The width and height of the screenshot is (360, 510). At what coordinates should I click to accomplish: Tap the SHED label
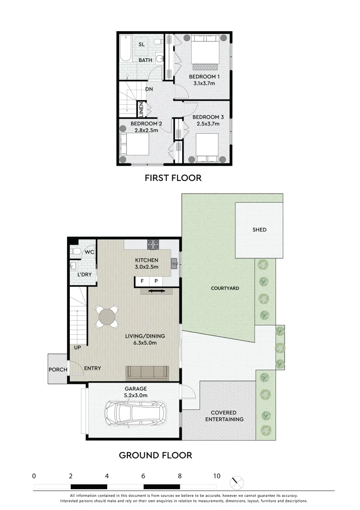click(259, 230)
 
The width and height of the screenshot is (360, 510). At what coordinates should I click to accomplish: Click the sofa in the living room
click(147, 373)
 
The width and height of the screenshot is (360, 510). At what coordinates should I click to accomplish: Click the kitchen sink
click(174, 263)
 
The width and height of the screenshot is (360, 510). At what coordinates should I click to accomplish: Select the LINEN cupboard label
click(141, 110)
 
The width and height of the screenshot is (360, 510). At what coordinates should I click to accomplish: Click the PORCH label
click(58, 369)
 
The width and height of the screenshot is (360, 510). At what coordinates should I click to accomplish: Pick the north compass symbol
click(237, 482)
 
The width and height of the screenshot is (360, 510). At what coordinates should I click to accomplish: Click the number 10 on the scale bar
click(216, 476)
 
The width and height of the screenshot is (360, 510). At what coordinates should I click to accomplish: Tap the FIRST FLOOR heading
click(173, 178)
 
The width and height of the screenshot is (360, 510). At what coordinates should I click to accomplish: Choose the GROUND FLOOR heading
click(155, 455)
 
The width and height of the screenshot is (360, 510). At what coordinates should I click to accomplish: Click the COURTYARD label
click(225, 288)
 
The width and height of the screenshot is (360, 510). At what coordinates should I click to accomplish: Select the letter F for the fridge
click(142, 281)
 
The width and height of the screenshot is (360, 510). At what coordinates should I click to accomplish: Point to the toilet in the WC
click(75, 251)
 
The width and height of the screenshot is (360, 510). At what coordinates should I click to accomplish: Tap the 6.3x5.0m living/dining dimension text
click(145, 343)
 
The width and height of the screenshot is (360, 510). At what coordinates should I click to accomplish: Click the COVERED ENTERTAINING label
click(227, 416)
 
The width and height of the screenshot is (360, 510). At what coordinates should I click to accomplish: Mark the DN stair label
click(149, 89)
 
